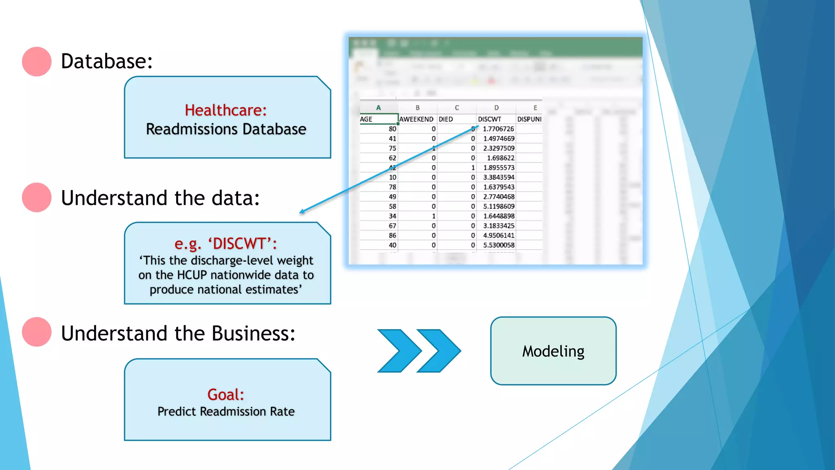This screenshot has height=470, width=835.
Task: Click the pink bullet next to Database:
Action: click(x=37, y=62)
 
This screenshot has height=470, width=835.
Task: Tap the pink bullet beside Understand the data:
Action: click(x=37, y=197)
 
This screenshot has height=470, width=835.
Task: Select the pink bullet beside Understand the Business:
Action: click(x=37, y=332)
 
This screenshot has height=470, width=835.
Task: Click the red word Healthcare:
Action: click(x=225, y=110)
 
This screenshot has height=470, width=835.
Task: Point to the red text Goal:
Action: click(x=225, y=395)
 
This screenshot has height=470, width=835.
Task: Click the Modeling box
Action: click(x=553, y=351)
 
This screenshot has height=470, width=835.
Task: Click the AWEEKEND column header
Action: click(x=416, y=119)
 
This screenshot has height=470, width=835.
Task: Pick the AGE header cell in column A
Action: click(x=366, y=119)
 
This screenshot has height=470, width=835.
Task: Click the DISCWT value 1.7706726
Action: click(x=498, y=129)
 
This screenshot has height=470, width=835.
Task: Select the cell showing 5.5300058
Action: click(x=499, y=245)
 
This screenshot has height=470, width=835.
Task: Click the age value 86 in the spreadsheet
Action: click(x=392, y=235)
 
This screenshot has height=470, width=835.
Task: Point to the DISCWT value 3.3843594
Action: click(x=499, y=177)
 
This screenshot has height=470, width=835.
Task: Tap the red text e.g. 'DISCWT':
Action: click(x=225, y=244)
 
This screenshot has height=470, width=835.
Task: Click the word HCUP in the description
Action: click(x=192, y=275)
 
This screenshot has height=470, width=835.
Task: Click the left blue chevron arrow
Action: click(x=398, y=351)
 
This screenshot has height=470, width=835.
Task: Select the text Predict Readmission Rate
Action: click(x=226, y=412)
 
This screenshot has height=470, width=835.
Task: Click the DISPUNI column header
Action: click(x=529, y=119)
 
